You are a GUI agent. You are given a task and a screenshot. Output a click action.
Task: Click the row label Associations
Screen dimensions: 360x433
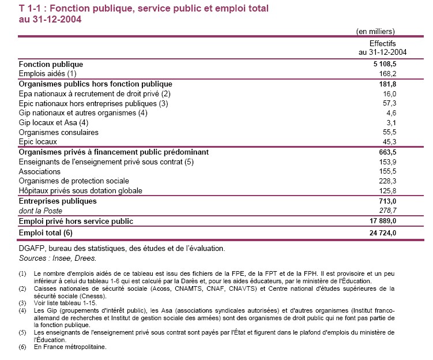tap(40, 171)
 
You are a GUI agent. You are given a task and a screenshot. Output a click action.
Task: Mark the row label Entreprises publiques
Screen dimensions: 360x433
tap(58, 201)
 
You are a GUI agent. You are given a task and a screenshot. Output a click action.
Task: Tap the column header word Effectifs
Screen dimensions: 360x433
tap(382, 43)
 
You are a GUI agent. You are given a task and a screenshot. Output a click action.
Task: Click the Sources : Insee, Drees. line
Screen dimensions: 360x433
tap(58, 258)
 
